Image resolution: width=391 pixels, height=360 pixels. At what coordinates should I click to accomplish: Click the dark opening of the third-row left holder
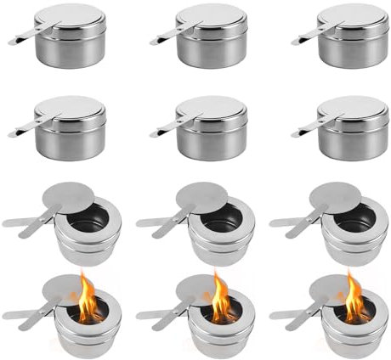pos(89,218)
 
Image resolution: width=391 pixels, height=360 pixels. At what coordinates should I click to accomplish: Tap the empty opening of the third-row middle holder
pos(223,218)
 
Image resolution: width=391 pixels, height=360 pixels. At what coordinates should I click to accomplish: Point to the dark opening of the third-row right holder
pos(357,218)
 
